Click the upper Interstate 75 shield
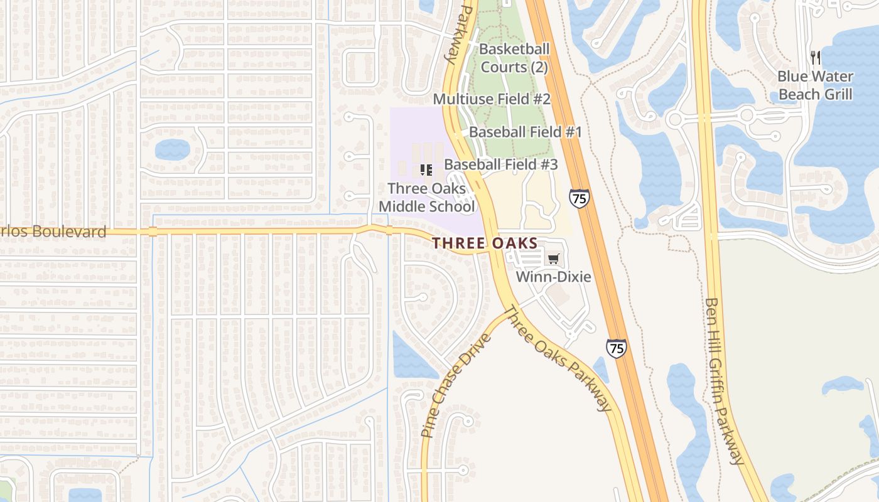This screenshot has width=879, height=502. [579, 198]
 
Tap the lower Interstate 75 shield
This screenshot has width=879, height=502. [616, 348]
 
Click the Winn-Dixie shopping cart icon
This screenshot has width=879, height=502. [553, 259]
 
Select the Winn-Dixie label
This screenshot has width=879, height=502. [553, 276]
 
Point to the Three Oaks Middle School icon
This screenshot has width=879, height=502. [426, 169]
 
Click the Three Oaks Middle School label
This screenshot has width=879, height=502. [426, 197]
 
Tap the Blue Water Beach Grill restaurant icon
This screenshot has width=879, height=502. [815, 58]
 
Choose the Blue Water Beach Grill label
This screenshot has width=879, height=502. [815, 85]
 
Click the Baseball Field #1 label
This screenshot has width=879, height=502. [525, 132]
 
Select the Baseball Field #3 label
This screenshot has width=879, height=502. [500, 164]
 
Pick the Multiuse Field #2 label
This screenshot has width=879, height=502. [492, 99]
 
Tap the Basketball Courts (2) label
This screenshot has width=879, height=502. [514, 58]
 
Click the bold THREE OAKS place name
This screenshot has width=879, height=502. [485, 243]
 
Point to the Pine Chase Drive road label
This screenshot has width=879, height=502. [456, 386]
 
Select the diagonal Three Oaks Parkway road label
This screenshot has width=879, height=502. [557, 358]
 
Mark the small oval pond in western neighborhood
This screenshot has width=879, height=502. [172, 149]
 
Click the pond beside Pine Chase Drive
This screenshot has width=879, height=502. [411, 358]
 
